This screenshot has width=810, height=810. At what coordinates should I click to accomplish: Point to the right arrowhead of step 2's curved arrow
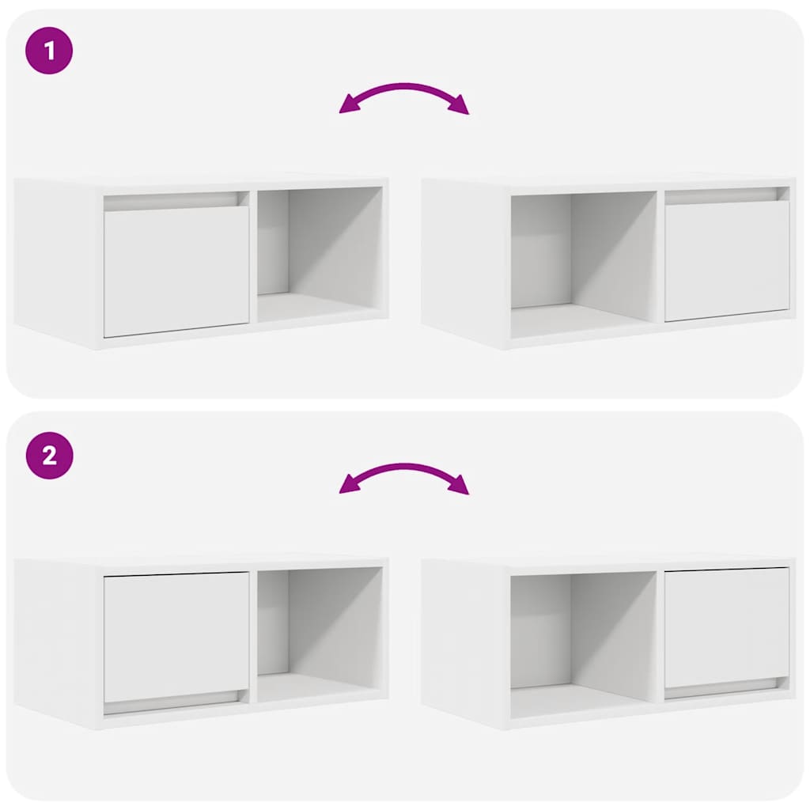point(460,485)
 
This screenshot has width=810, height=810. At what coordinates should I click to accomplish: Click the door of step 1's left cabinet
point(176,271)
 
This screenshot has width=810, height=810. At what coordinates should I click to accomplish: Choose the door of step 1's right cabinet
point(726,260)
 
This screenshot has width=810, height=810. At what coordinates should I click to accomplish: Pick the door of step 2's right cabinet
point(726,627)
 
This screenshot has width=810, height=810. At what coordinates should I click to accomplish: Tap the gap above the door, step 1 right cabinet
point(726,195)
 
